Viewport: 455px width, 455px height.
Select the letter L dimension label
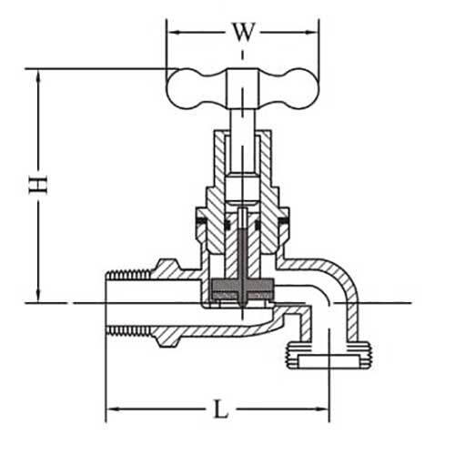220,409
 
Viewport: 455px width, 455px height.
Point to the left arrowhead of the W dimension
171,34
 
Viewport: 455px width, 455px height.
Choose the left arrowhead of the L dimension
112,410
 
